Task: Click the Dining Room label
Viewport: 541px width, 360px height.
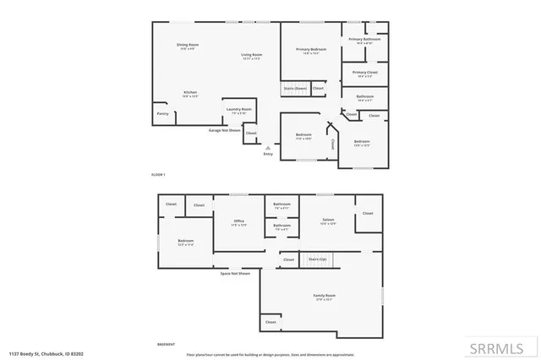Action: pos(188,44)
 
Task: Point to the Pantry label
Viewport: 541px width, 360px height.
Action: pos(162,113)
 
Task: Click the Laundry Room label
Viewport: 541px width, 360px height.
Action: pos(239,109)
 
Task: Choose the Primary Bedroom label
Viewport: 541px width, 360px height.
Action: pos(311,50)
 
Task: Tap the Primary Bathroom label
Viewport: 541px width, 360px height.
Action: pos(365,39)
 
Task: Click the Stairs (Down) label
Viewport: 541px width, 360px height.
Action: pos(295,88)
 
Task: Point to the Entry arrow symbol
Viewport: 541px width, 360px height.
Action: pos(269,147)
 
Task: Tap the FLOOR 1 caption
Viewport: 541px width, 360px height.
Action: pos(158,174)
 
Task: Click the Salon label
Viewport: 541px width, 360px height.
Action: pos(328,220)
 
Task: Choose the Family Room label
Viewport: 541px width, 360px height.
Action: pos(325,295)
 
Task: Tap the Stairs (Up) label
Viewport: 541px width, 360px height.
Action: pos(318,259)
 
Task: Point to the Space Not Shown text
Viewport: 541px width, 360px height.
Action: pos(235,274)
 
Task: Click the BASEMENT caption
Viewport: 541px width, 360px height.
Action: pos(167,345)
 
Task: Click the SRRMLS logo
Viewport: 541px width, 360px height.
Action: pos(502,347)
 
